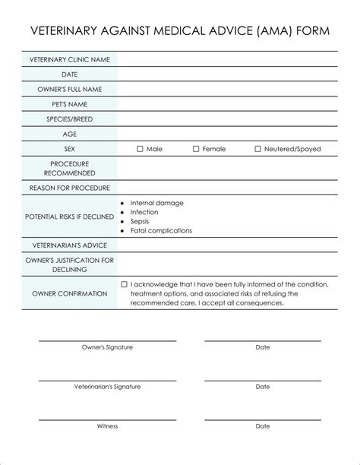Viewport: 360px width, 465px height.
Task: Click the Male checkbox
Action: coord(140,149)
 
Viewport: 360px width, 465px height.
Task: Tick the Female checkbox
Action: coord(196,149)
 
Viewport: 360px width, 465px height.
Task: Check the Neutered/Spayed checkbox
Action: coord(257,149)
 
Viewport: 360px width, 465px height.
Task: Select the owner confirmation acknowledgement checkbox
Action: coord(125,284)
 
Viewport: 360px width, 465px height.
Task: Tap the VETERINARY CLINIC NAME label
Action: coord(70,59)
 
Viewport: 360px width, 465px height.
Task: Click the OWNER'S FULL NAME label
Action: coord(70,89)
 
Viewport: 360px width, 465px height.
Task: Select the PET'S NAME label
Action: coord(70,104)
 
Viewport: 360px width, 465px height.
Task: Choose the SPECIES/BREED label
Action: coord(70,119)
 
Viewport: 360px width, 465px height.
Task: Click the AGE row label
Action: coord(70,134)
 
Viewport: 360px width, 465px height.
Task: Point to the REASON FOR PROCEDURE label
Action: coord(70,188)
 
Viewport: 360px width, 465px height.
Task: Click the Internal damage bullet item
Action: coord(156,203)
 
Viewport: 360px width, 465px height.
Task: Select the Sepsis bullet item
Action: coord(141,221)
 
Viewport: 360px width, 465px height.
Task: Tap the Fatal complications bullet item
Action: coord(161,230)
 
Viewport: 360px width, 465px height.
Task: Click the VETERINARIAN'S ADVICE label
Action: coord(70,245)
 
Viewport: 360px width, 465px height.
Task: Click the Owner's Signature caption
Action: coord(107,347)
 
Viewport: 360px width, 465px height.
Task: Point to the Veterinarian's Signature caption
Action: coord(107,387)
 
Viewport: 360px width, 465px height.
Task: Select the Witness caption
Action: coord(107,426)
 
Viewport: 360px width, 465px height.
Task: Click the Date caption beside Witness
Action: coord(263,426)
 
